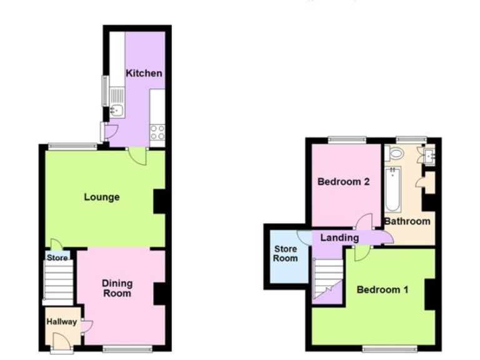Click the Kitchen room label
(144, 73)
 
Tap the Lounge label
(102, 197)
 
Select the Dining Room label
(117, 288)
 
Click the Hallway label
(61, 322)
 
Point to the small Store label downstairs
(57, 257)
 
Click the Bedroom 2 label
(344, 182)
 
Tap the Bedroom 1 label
(382, 290)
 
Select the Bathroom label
(407, 221)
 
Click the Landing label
(339, 237)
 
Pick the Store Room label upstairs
(286, 254)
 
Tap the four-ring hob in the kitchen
(157, 132)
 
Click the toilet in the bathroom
(395, 153)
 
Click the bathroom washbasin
(429, 154)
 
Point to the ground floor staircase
(59, 282)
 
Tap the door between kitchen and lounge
(136, 156)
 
